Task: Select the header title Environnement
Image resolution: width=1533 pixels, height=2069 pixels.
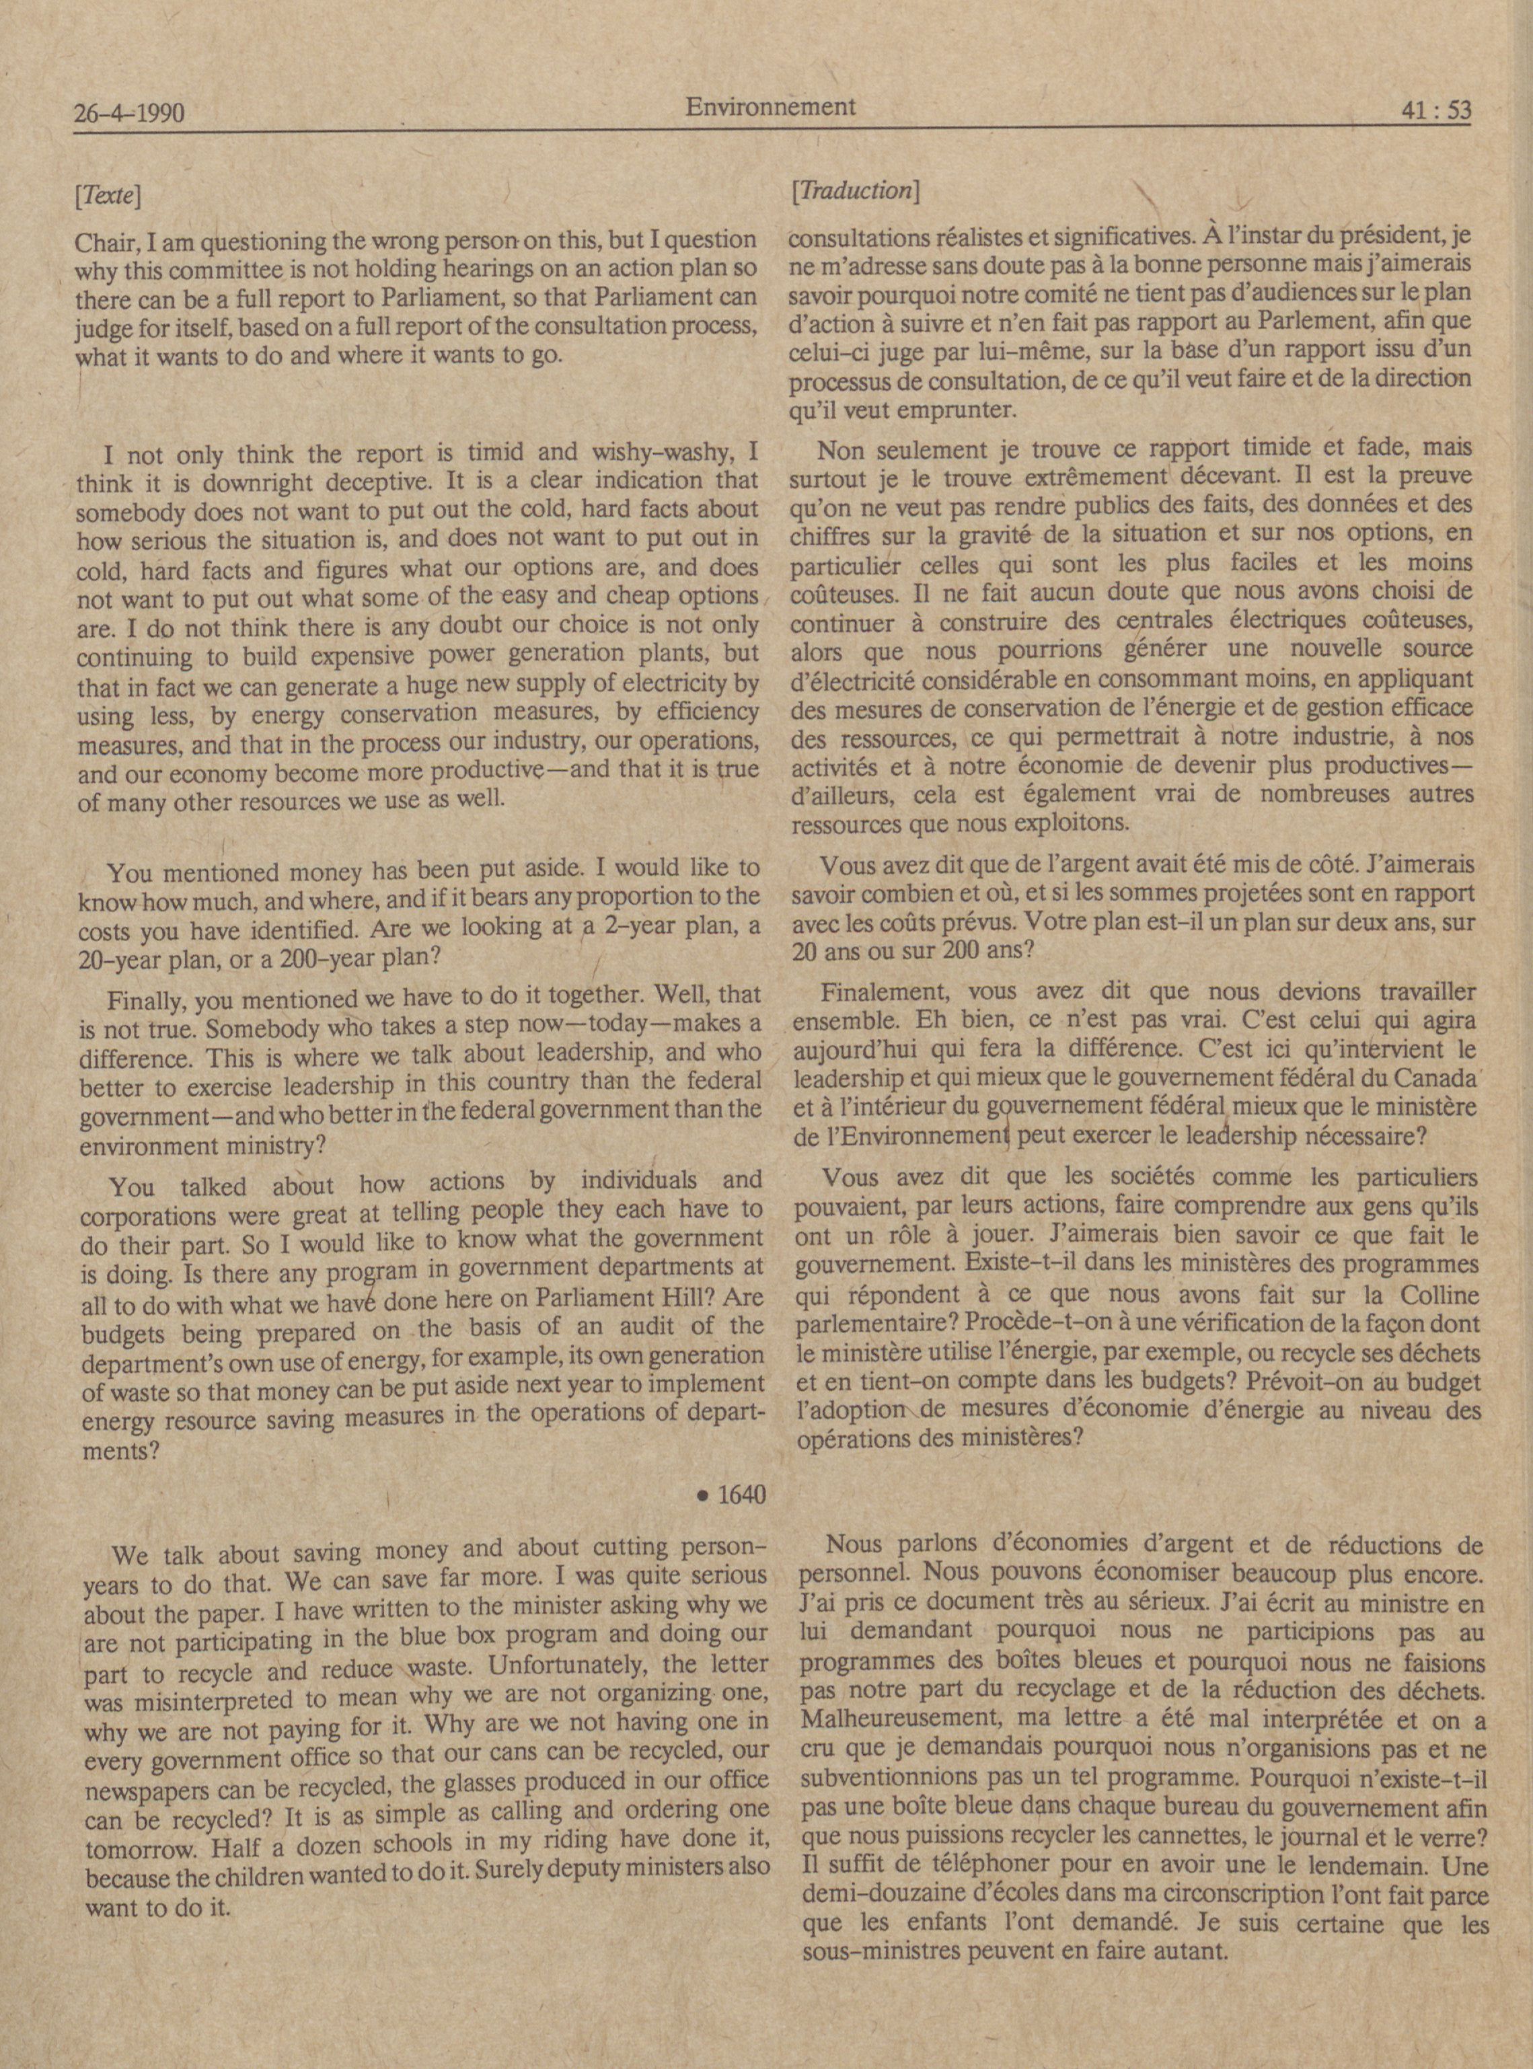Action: [x=770, y=107]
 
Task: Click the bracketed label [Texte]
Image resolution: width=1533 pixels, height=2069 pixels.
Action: [x=108, y=196]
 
